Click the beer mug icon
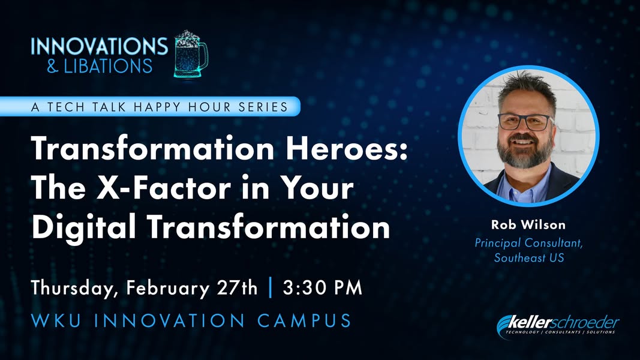pos(191,54)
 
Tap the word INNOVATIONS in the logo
pos(99,46)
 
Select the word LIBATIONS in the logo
pos(108,66)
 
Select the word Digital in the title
pos(83,228)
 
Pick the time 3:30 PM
pos(323,287)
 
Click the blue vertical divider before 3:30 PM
pos(270,287)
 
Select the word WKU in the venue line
pos(56,320)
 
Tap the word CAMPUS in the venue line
pos(304,320)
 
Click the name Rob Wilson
pos(528,224)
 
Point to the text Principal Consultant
pos(528,243)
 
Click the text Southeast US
pos(529,257)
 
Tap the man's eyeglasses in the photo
pos(525,121)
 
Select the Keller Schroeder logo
pos(558,326)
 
